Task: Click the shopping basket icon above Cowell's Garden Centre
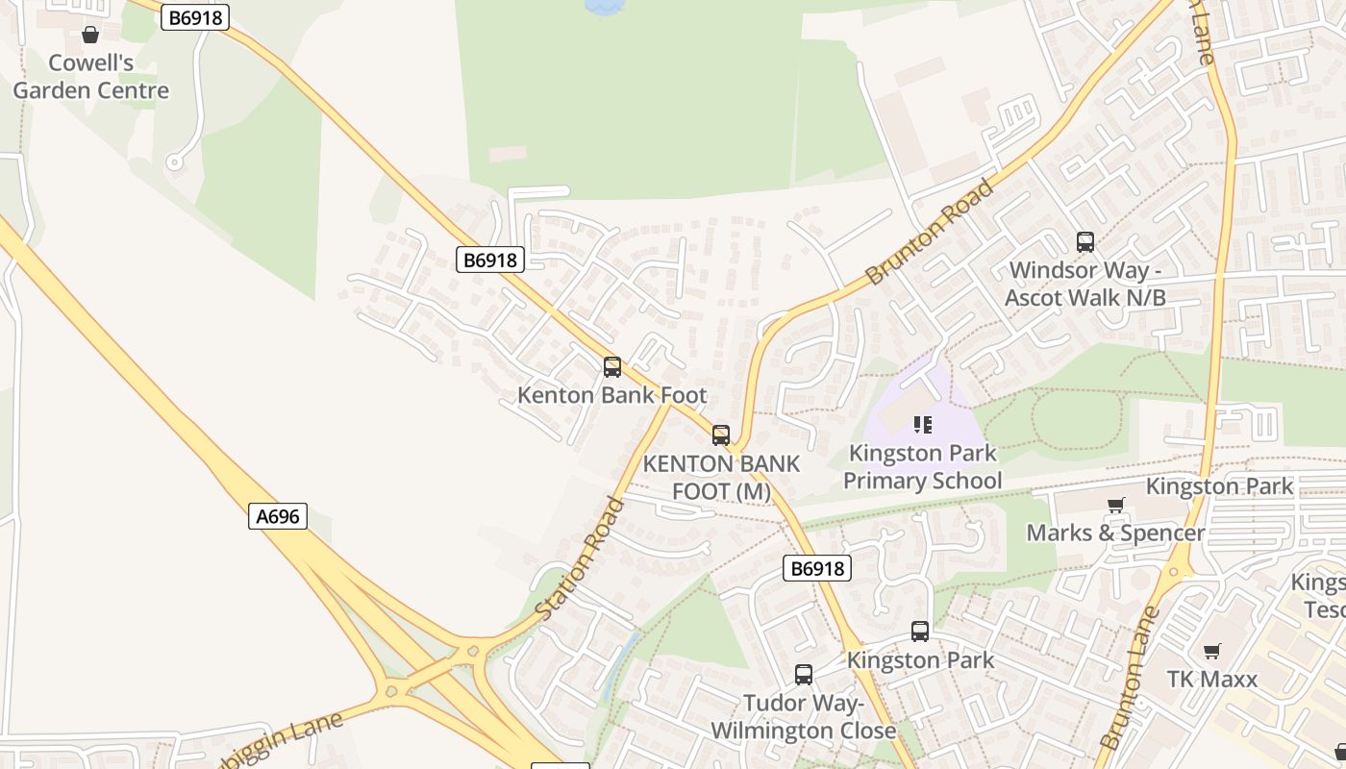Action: (x=90, y=36)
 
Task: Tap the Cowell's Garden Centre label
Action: (x=90, y=77)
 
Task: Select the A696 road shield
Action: (x=278, y=516)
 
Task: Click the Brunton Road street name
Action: (x=929, y=232)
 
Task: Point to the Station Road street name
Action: (x=580, y=558)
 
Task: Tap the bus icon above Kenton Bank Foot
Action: (x=612, y=367)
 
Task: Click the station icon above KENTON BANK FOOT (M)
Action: (x=721, y=435)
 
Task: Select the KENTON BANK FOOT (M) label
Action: (x=721, y=478)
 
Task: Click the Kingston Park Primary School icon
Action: (x=923, y=425)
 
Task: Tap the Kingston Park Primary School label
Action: (x=923, y=466)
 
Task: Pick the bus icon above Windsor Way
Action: (x=1085, y=242)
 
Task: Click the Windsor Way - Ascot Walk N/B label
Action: (x=1085, y=285)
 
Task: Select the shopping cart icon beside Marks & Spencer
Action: (x=1116, y=505)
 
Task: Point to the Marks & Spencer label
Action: (x=1115, y=533)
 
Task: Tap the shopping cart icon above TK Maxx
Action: (x=1212, y=651)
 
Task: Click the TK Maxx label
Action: (x=1212, y=680)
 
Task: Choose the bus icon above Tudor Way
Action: (x=804, y=675)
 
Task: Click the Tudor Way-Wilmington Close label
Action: (x=804, y=717)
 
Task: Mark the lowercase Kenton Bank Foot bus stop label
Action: (x=612, y=395)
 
